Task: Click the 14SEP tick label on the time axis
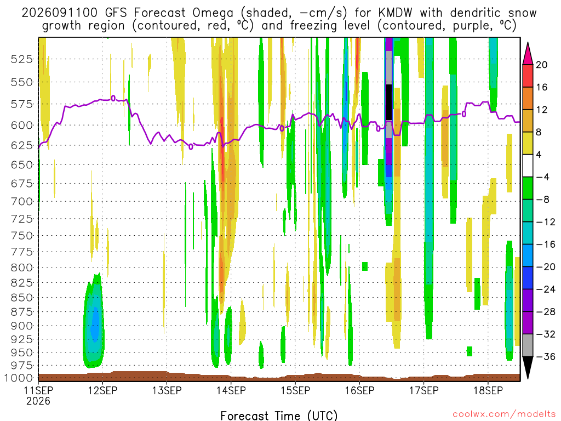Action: [x=231, y=390]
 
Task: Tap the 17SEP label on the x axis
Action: [x=424, y=390]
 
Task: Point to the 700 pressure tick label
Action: [x=22, y=202]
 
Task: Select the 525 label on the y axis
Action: [x=22, y=59]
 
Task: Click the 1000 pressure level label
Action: [x=19, y=378]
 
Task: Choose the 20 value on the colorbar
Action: [x=542, y=65]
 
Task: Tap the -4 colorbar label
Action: [x=542, y=177]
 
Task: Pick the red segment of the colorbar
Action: [x=528, y=76]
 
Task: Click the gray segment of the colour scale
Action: [x=528, y=345]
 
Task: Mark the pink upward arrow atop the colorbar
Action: [x=528, y=53]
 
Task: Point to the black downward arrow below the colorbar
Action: [x=528, y=368]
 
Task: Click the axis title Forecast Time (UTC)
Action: [x=279, y=416]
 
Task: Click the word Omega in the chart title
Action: [x=213, y=14]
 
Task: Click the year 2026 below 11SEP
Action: [x=38, y=401]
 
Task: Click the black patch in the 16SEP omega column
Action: [x=389, y=103]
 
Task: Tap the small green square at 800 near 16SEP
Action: [x=365, y=266]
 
